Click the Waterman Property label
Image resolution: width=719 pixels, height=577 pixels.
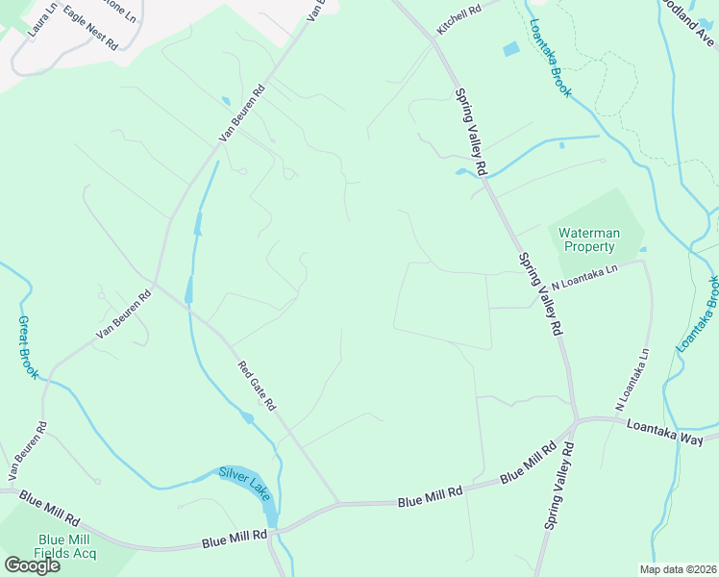590,239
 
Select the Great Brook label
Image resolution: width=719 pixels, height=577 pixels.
28,346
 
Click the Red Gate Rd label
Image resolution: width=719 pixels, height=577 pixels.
257,384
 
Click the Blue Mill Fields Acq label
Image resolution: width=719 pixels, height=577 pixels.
64,546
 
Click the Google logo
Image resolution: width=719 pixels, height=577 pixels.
32,565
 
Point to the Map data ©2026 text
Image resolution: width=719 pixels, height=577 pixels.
678,569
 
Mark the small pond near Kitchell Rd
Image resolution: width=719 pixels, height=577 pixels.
510,49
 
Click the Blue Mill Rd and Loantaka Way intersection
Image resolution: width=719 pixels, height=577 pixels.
575,422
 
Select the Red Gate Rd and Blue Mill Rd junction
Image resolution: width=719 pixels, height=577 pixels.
338,503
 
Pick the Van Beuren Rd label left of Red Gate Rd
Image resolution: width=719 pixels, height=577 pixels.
124,314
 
